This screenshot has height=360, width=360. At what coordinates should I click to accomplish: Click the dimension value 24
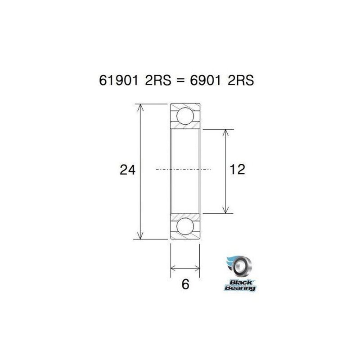tap(127, 170)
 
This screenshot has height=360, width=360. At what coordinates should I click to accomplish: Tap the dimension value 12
tap(237, 170)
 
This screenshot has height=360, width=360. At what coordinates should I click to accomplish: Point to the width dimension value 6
tap(184, 284)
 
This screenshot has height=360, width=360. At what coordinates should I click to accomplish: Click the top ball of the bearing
tap(184, 116)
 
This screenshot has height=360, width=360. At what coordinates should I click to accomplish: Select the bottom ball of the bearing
tap(184, 228)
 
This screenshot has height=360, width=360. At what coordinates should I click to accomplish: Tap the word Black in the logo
tap(238, 283)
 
